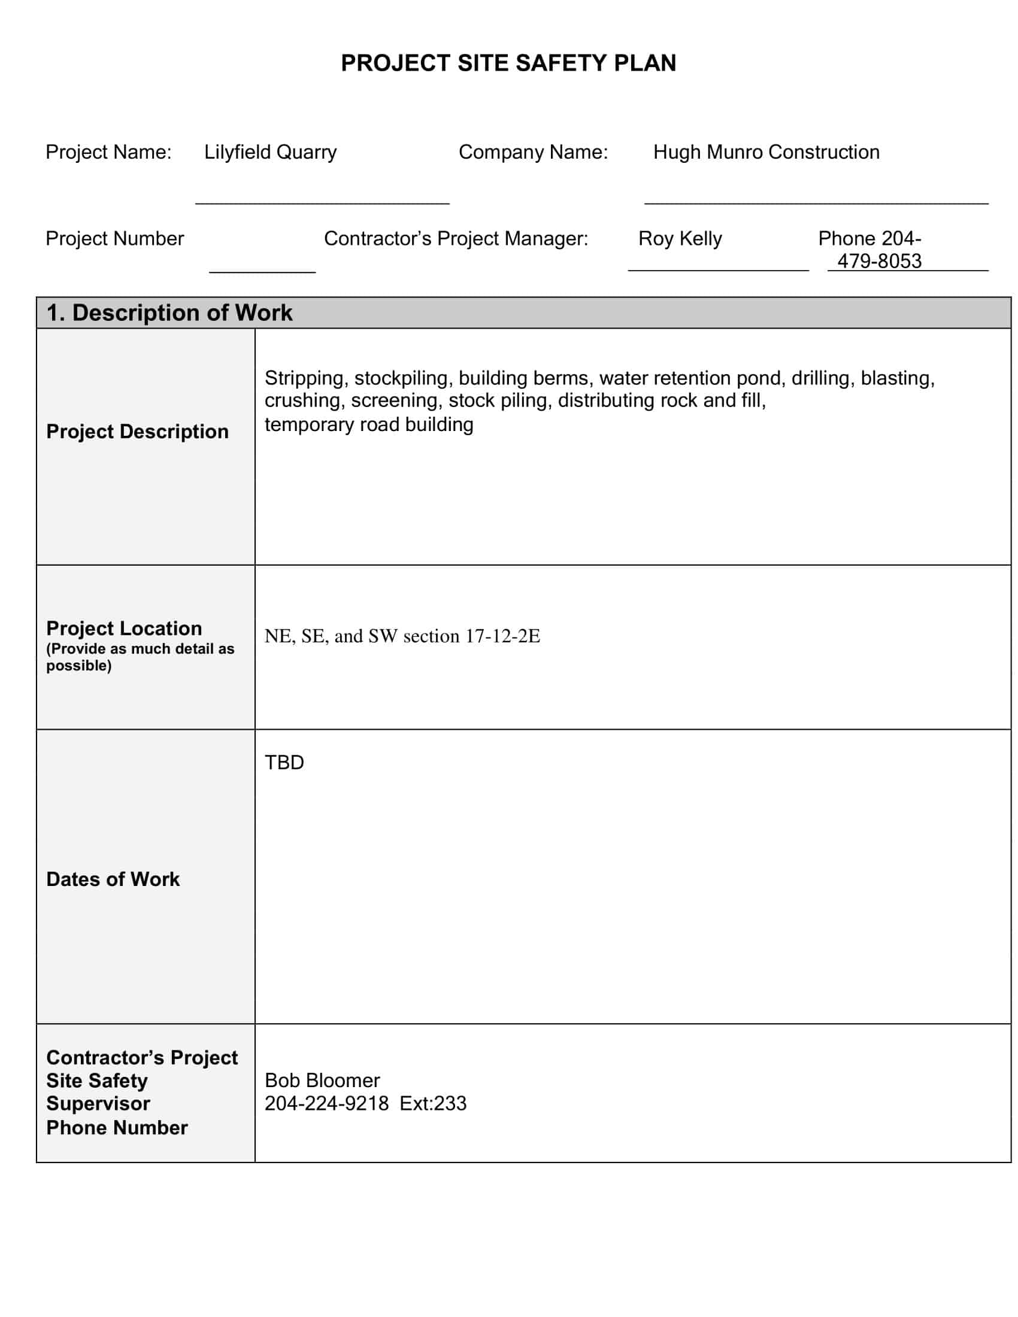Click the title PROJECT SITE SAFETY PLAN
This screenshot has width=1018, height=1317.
pos(508,63)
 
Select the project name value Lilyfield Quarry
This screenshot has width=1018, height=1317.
pos(270,152)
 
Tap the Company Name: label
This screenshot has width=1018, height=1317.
pos(533,152)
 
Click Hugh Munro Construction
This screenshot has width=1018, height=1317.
pos(766,152)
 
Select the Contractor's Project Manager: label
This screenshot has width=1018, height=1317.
pos(456,239)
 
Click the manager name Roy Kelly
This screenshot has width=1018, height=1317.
pos(680,239)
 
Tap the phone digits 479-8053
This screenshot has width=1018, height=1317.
pos(879,261)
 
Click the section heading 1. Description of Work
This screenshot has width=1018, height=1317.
pos(169,313)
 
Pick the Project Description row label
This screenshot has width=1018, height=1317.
pos(138,432)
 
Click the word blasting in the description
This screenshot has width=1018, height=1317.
pos(898,378)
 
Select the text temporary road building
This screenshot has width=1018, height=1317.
pos(369,424)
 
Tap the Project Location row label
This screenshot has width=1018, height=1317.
pos(124,629)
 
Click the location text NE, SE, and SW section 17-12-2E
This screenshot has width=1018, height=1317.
pos(402,636)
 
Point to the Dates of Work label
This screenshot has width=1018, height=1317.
pos(113,879)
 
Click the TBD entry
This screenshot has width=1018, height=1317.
pos(284,763)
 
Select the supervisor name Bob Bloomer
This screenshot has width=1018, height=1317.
pos(322,1080)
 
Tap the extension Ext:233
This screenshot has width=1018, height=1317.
pos(433,1103)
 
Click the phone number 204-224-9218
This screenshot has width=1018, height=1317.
pos(326,1103)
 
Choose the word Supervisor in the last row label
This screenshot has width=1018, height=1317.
pos(98,1103)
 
